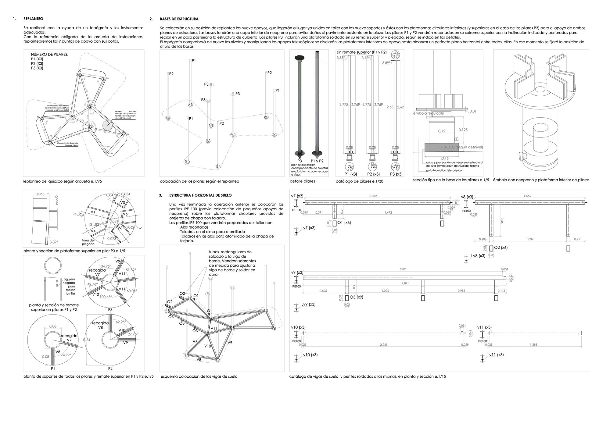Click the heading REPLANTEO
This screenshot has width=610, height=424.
(x=33, y=19)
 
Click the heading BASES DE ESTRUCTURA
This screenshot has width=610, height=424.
(x=179, y=19)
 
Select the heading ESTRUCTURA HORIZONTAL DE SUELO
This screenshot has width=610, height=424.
(x=200, y=195)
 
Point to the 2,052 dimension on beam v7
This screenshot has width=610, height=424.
(x=373, y=196)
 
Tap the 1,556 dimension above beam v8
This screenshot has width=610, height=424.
(x=527, y=196)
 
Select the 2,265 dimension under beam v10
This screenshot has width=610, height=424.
(x=384, y=345)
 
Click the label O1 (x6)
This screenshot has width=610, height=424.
(x=344, y=223)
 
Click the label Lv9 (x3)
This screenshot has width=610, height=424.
(x=308, y=304)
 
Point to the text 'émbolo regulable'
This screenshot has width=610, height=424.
(x=429, y=113)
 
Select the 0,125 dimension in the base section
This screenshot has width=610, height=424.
(x=463, y=130)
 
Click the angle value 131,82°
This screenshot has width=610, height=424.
(x=94, y=224)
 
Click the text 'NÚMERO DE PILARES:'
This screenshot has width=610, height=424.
(x=49, y=55)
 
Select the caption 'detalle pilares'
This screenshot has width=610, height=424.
(x=303, y=181)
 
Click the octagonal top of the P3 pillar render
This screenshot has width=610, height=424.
(x=299, y=57)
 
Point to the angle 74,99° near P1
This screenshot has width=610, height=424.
(x=66, y=355)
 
